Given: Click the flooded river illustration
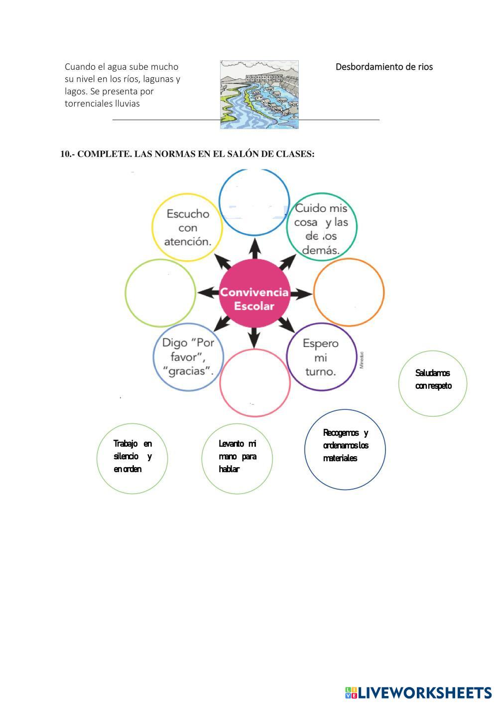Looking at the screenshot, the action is coord(259,95).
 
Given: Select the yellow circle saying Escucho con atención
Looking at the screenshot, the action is coord(188,227).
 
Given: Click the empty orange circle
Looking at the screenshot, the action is coord(349,293).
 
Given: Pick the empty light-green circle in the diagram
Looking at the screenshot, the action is coord(160,293).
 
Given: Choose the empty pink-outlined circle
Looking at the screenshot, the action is coord(254,382).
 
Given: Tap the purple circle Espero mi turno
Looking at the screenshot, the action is coord(321,357).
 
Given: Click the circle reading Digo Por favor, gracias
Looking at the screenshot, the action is coord(188,356).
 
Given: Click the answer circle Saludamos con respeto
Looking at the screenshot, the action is coord(433,383).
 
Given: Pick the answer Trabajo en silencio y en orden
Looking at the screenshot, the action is coord(132,458).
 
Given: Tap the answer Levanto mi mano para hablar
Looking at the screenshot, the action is coord(237,458).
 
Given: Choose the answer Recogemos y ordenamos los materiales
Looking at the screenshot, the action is coord(345,449).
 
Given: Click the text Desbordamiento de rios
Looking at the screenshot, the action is coord(384,67).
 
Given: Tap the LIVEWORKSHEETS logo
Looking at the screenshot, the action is coord(418,693).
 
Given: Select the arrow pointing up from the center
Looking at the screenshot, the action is coord(254,248).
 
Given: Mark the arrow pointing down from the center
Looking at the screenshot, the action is coord(254,338).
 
